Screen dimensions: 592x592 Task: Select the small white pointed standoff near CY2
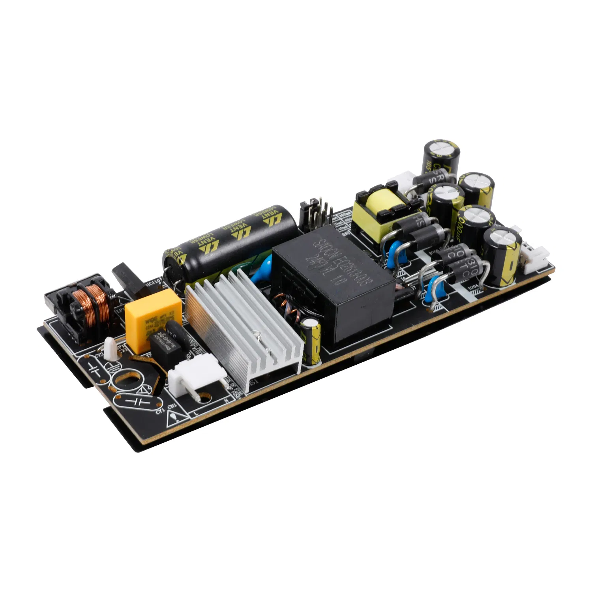[x=110, y=349]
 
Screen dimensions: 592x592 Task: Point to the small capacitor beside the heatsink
[x=312, y=341]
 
